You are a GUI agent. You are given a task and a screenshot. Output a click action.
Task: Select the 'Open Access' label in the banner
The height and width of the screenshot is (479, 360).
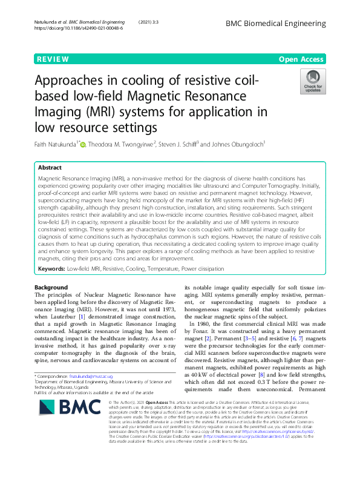[x=300, y=59]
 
